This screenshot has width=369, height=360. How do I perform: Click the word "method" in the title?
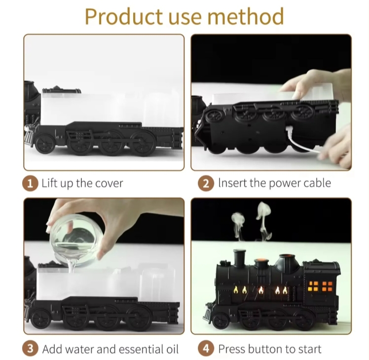246,16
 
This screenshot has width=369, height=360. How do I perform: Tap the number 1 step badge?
30,184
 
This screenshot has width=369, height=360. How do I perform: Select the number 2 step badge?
206,184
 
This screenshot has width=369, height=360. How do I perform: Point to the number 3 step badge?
30,349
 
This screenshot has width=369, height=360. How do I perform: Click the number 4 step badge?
206,349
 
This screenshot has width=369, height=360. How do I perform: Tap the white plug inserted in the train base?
289,129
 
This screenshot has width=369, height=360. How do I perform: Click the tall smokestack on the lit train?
239,258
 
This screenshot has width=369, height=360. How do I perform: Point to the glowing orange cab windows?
320,286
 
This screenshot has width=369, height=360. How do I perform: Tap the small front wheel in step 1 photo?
45,144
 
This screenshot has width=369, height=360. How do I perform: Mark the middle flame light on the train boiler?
261,290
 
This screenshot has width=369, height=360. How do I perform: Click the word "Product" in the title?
124,16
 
